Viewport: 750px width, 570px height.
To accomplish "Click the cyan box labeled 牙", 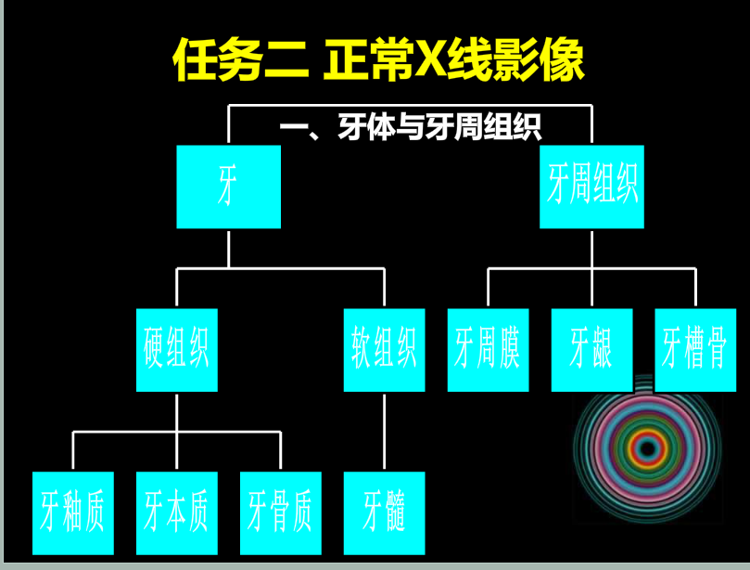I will tap(228, 187).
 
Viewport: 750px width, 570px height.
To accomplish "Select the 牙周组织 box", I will tap(591, 187).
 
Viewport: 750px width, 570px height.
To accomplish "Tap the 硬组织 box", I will tap(176, 350).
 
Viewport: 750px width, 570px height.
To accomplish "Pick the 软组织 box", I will tap(384, 350).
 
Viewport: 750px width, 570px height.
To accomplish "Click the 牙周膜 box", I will tap(488, 350).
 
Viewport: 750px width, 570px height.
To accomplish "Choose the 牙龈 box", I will tap(591, 350).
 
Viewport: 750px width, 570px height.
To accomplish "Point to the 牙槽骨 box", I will tap(695, 350).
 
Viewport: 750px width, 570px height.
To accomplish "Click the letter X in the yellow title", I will tap(433, 61).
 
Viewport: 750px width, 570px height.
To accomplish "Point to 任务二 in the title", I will tap(240, 61).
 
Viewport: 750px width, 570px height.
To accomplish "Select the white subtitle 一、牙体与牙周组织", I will tap(410, 128).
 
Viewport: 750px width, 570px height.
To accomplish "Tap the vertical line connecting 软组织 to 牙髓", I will tap(384, 432).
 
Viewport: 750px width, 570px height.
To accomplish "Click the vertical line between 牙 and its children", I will tap(228, 248).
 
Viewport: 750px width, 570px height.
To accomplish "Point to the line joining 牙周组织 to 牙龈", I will tap(591, 269).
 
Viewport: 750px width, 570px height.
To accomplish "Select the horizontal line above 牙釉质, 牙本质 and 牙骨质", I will tap(176, 432).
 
